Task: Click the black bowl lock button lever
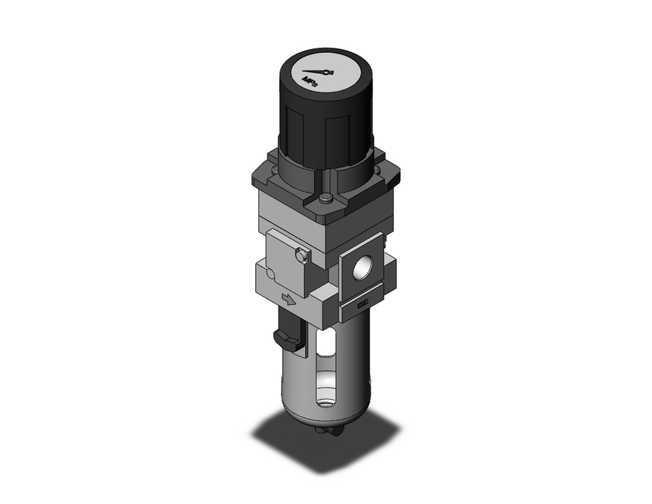[286, 338]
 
